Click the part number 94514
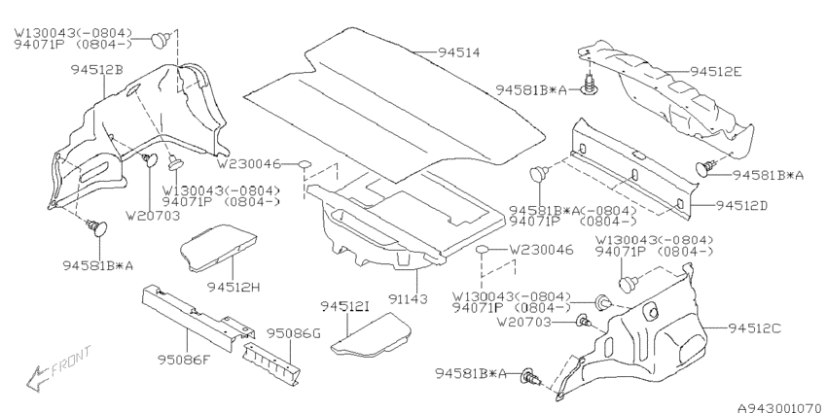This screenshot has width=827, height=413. click(x=458, y=52)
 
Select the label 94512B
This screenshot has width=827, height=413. click(x=97, y=70)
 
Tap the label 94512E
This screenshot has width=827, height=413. click(x=716, y=72)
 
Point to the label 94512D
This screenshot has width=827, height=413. click(x=741, y=205)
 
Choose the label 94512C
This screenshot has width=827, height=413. click(x=754, y=328)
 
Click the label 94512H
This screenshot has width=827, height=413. click(x=234, y=287)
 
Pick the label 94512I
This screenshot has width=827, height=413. click(x=345, y=306)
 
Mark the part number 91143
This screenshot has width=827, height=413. click(x=409, y=299)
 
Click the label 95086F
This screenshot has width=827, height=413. click(x=184, y=361)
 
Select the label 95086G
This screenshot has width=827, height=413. click(x=293, y=334)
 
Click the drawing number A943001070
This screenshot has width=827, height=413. click(x=781, y=407)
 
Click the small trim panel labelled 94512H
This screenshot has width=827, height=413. click(x=218, y=247)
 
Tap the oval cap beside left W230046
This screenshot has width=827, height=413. click(x=305, y=165)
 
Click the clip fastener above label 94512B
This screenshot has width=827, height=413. click(x=161, y=40)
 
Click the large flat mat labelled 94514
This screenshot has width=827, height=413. click(x=394, y=104)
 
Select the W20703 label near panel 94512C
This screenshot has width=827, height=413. click(x=524, y=322)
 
